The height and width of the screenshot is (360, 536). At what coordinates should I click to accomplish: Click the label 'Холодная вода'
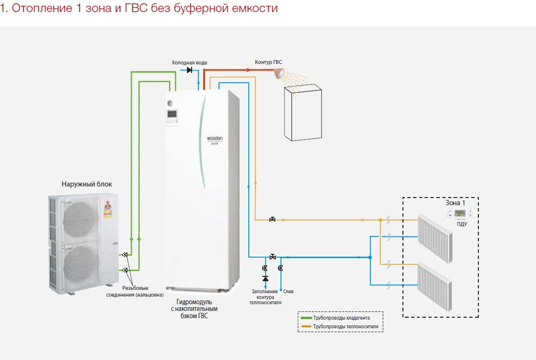[190, 62]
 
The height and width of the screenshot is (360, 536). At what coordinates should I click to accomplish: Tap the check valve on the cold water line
[190, 70]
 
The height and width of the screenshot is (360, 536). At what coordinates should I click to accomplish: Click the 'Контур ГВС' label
[268, 62]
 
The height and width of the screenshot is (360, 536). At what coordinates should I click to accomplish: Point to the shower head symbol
[278, 73]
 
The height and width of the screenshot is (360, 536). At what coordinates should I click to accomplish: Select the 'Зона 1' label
[456, 202]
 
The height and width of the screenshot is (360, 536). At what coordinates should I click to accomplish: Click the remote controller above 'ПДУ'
[460, 213]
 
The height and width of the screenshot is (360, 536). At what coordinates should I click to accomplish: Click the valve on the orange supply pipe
[272, 220]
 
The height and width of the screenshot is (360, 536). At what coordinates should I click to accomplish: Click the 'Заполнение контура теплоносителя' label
[265, 297]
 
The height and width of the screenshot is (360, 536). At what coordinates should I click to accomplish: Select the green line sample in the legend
[305, 318]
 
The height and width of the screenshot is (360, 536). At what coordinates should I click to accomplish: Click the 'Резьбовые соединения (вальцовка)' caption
[135, 291]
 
